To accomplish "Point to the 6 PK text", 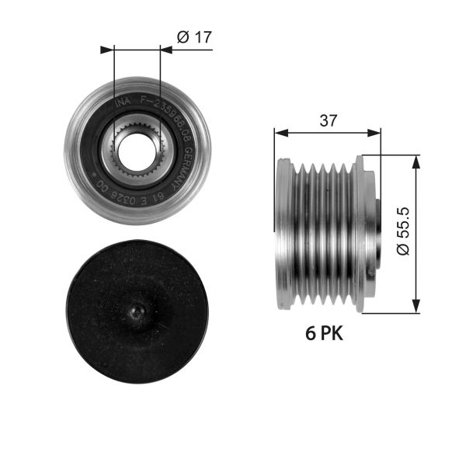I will [322, 335].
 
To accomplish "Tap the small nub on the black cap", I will [137, 311].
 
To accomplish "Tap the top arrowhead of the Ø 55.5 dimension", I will [418, 158].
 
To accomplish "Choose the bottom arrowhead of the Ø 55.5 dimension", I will [418, 308].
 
